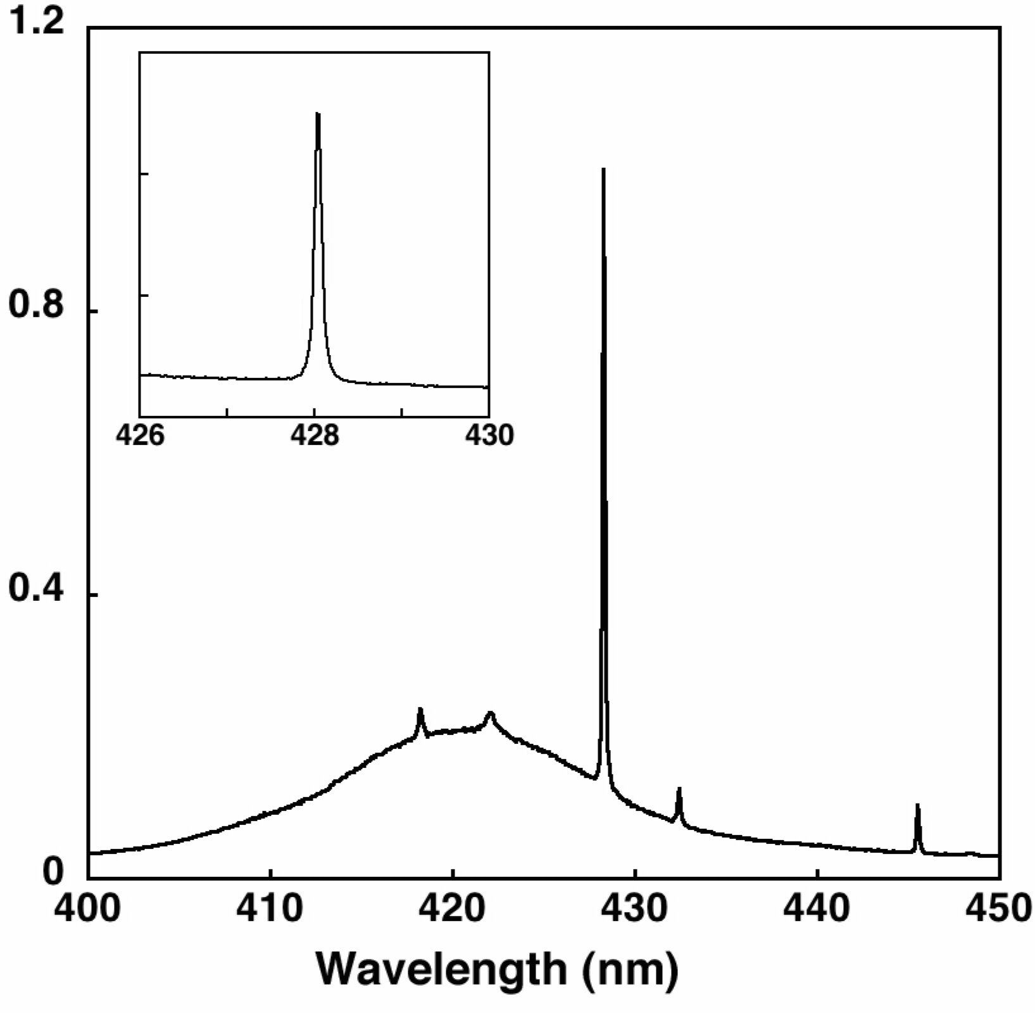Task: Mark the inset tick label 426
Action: pos(140,436)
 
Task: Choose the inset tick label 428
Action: pos(315,436)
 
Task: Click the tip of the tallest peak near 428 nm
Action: pos(603,169)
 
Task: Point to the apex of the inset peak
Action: pos(318,114)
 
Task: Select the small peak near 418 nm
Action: pos(420,709)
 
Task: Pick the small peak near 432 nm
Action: pos(679,789)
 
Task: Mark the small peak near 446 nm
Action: pos(917,805)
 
